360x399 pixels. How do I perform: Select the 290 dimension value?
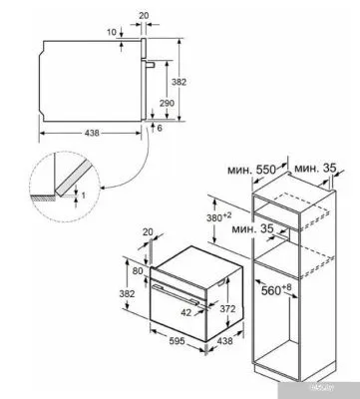pyautogui.click(x=167, y=104)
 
